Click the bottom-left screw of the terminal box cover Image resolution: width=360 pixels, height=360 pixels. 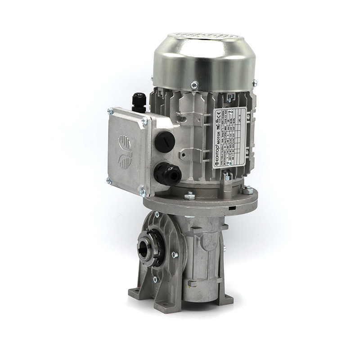(108, 181)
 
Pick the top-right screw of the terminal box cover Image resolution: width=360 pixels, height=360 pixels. (144, 120)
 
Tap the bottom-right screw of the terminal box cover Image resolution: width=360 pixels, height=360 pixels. (143, 193)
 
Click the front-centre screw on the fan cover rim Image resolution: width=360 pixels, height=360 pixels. (194, 84)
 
